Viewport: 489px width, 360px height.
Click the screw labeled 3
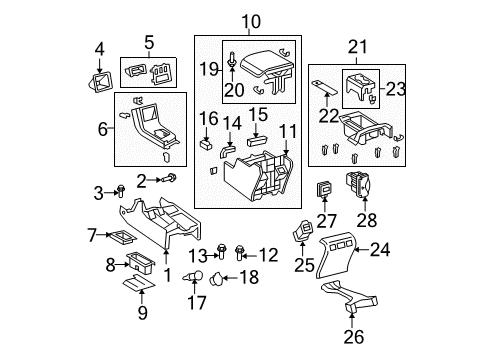(120, 189)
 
